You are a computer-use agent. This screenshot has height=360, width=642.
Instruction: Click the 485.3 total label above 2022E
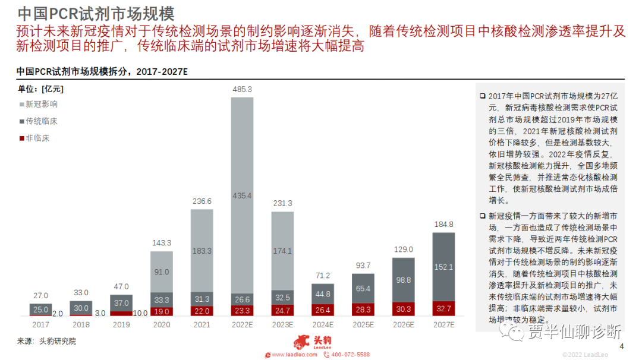242,90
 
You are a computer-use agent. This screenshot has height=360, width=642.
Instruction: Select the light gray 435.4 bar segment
242,195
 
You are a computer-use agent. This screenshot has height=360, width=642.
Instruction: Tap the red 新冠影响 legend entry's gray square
21,105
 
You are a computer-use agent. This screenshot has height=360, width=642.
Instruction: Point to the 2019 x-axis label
121,325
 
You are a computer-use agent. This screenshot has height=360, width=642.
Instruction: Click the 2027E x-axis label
443,325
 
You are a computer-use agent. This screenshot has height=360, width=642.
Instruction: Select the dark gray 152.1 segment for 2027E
443,267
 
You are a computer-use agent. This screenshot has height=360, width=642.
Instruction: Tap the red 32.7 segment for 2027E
443,309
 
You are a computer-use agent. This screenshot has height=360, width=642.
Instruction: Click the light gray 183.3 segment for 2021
202,251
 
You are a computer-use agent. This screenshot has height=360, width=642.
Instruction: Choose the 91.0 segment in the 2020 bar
161,272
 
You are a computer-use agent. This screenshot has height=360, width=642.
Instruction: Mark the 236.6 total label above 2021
202,201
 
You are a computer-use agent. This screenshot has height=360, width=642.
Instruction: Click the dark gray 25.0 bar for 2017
40,310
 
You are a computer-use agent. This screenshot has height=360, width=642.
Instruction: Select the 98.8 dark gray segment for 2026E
403,280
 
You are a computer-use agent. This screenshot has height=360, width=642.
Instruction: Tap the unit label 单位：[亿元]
40,89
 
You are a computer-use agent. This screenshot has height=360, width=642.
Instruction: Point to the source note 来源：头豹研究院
46,341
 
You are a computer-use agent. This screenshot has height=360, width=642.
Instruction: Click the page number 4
622,347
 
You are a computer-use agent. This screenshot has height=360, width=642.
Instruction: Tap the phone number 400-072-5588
350,355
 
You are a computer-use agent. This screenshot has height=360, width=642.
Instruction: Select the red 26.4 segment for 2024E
323,310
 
